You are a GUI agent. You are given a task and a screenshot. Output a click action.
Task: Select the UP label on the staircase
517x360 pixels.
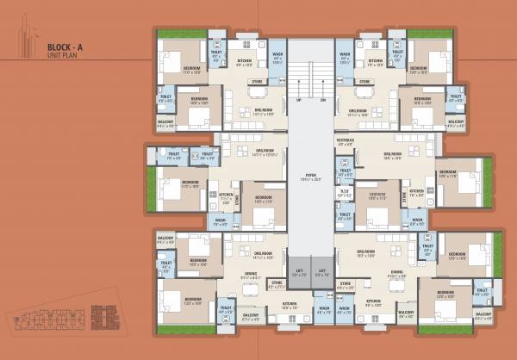[x=299, y=99]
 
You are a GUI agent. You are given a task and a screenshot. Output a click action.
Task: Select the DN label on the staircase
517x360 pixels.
[x=322, y=99]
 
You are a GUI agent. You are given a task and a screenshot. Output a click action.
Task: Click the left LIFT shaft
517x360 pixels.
[x=298, y=271]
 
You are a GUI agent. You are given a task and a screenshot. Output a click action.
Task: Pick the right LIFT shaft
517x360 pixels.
[x=321, y=271]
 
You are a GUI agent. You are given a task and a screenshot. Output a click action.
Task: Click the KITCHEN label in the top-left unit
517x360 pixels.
[x=245, y=60]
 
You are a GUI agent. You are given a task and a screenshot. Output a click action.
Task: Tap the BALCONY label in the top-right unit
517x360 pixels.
[x=456, y=122]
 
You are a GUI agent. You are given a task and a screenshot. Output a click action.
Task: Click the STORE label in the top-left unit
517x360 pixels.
[x=257, y=83]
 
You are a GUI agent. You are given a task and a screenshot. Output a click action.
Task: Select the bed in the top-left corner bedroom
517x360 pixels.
[x=173, y=61]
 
